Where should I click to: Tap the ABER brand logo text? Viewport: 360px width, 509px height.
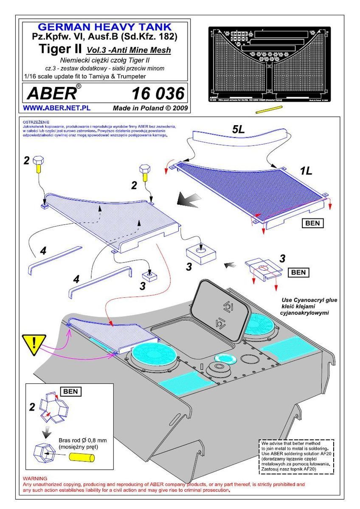tap(50, 93)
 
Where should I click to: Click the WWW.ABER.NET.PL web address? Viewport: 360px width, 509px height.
tap(56, 108)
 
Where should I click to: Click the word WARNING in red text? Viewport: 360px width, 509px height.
tap(35, 478)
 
